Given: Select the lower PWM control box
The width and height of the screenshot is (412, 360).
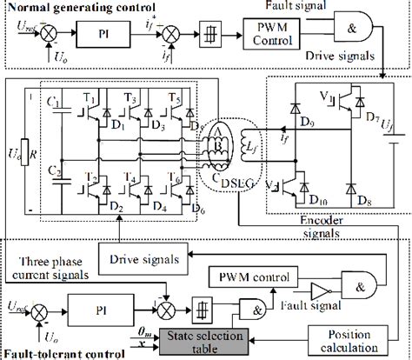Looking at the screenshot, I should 243,278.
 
